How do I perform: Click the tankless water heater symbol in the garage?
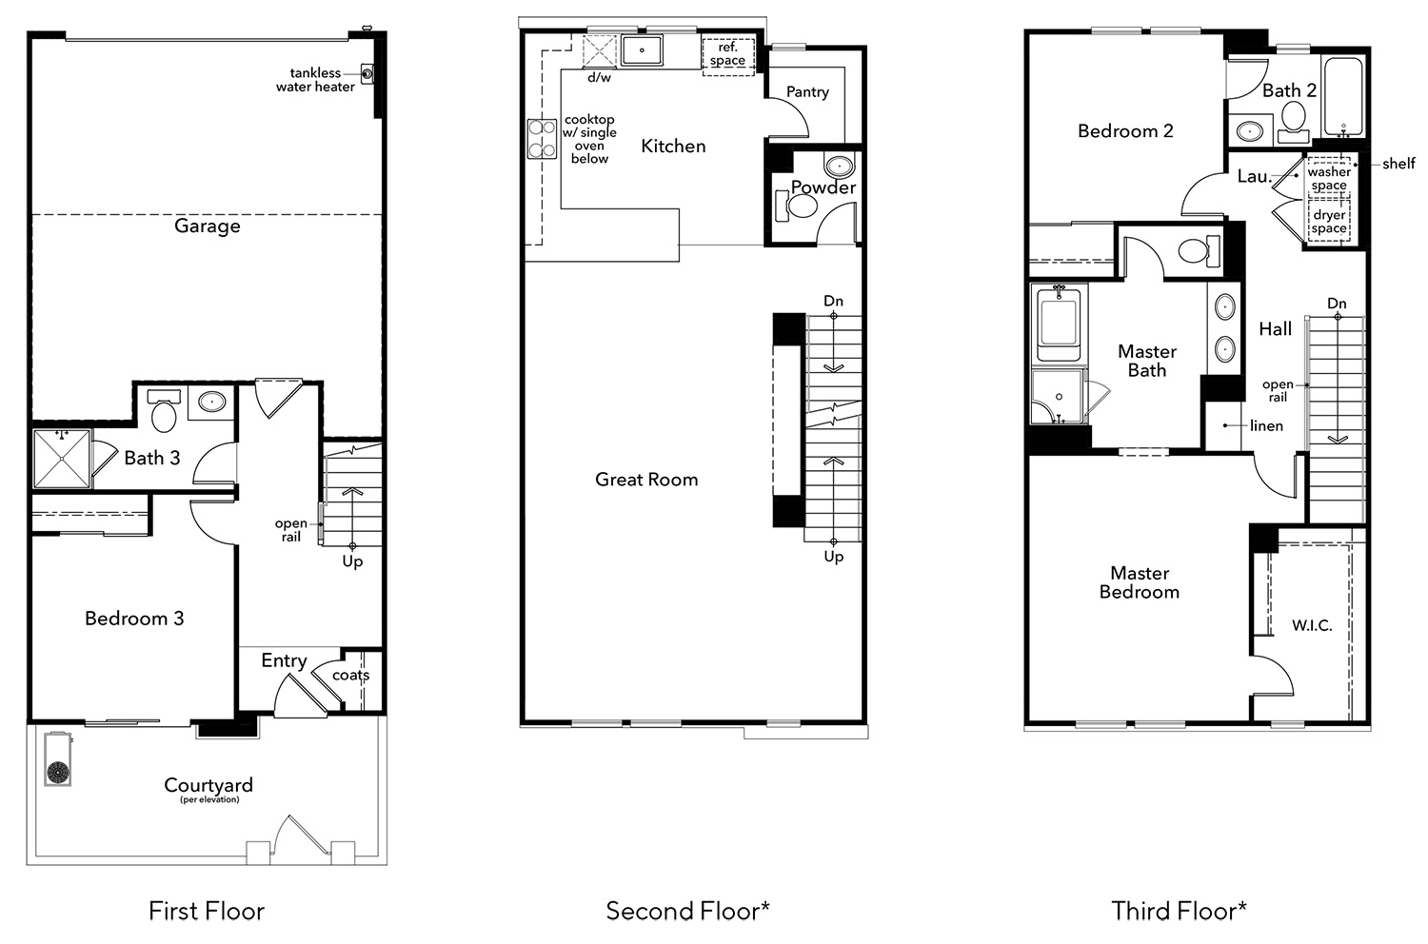tap(367, 74)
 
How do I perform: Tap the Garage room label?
tap(208, 226)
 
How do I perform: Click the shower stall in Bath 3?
tap(62, 459)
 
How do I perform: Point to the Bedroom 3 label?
tap(134, 619)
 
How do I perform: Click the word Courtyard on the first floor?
tap(208, 785)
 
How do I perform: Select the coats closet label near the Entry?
tap(350, 675)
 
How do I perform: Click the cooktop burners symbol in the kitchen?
tap(542, 139)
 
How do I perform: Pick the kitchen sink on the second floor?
tap(642, 49)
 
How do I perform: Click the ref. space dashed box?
tap(728, 57)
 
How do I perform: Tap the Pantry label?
tap(807, 91)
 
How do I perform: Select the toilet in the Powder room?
tap(797, 206)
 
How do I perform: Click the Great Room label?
tap(646, 480)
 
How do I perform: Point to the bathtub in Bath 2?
tap(1343, 97)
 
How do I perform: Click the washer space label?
tap(1329, 179)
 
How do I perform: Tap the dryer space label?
tap(1329, 221)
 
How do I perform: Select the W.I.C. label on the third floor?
tap(1312, 625)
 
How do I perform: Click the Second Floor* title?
tap(688, 911)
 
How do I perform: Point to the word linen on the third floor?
tap(1267, 425)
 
